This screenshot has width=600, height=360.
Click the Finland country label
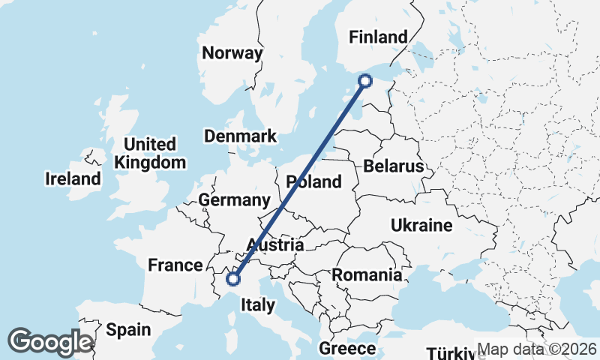[379, 37]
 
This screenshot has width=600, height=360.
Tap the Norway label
[232, 53]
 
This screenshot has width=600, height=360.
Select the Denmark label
[241, 136]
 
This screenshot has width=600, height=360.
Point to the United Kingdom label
[150, 153]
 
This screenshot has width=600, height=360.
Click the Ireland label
[73, 179]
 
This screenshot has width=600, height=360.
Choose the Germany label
[234, 200]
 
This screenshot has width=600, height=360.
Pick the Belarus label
[393, 166]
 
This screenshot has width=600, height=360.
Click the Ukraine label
[421, 225]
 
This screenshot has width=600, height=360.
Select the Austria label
[275, 245]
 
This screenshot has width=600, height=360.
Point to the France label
[175, 265]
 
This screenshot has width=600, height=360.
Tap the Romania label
[367, 274]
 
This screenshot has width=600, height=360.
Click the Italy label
[257, 305]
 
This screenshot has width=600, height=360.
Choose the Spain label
[128, 329]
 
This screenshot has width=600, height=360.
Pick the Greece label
[347, 349]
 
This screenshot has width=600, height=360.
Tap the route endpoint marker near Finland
[365, 81]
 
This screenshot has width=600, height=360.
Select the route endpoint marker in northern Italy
[233, 279]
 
